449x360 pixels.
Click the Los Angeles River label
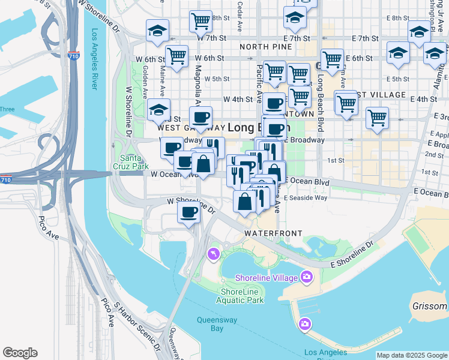click(x=94, y=59)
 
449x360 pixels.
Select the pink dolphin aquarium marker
click(x=212, y=255)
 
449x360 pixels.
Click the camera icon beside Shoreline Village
click(x=307, y=277)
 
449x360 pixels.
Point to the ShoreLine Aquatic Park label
click(x=239, y=295)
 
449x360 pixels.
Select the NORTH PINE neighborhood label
click(x=265, y=46)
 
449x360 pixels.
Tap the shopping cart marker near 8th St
click(x=200, y=21)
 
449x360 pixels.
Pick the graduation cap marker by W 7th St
click(x=157, y=31)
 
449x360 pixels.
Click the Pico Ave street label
click(x=49, y=229)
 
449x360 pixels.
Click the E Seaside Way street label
click(x=306, y=197)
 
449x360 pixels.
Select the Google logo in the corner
click(x=20, y=353)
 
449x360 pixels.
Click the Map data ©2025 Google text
click(x=412, y=355)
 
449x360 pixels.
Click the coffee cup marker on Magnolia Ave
click(x=200, y=117)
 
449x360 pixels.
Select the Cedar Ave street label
click(x=240, y=19)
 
